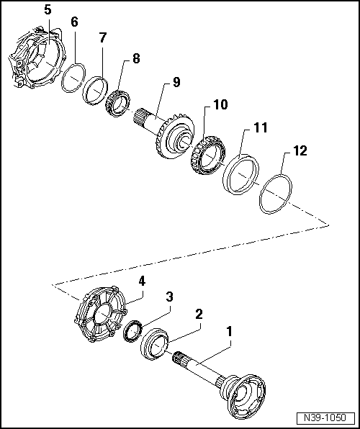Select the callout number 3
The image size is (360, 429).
168,297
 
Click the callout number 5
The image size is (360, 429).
48,10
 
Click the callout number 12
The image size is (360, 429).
300,150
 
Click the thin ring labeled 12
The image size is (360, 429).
275,192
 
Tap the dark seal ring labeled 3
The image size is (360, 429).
132,332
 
